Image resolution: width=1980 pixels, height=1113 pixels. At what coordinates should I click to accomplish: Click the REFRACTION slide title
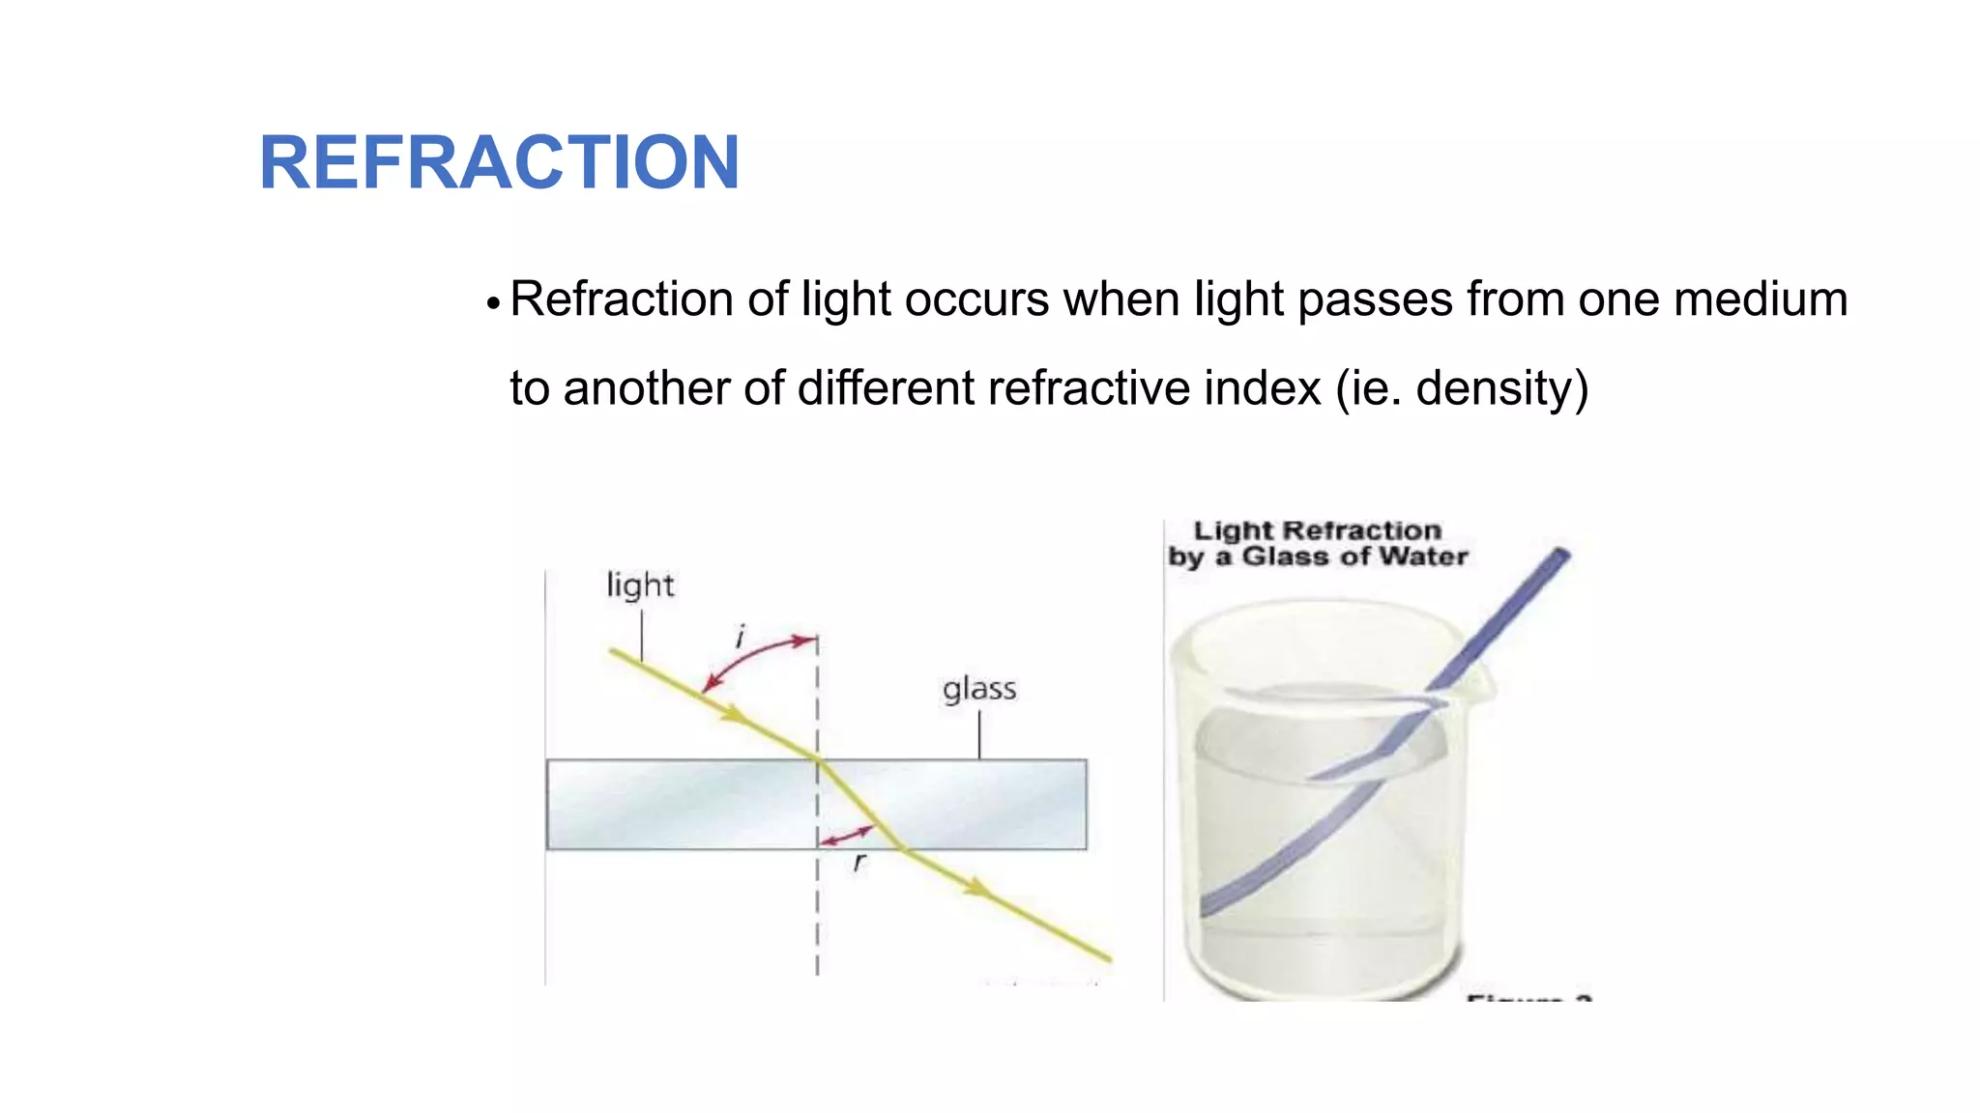[x=499, y=162]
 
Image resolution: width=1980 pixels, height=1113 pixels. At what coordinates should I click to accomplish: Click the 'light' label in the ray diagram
[x=640, y=585]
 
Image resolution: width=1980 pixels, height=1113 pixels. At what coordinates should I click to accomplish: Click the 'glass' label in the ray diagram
[x=979, y=690]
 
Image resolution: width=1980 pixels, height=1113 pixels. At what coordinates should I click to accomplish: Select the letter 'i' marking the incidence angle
[x=741, y=638]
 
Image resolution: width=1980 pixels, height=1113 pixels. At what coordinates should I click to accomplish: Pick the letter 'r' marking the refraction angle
[x=859, y=862]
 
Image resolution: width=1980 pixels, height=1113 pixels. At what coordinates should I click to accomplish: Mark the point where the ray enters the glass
[x=818, y=760]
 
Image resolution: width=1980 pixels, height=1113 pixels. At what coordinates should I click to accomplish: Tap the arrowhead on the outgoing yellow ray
[x=980, y=887]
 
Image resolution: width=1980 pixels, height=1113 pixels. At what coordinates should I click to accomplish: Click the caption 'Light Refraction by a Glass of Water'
[x=1317, y=544]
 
